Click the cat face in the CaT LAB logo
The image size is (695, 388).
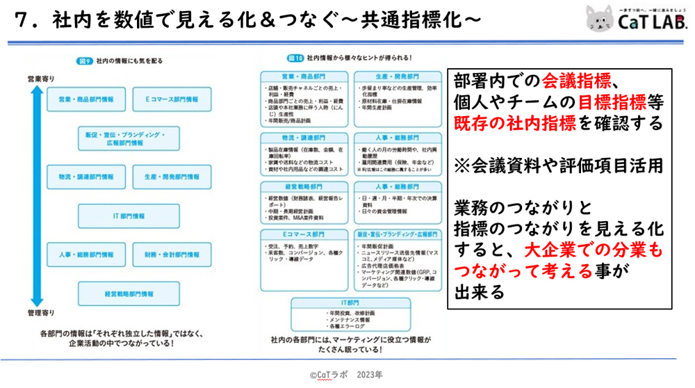point(599,19)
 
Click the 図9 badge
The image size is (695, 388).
point(83,60)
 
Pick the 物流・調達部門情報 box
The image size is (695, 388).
point(86,177)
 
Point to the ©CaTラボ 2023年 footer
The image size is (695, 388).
point(346,374)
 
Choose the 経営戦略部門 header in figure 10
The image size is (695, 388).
point(304,187)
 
